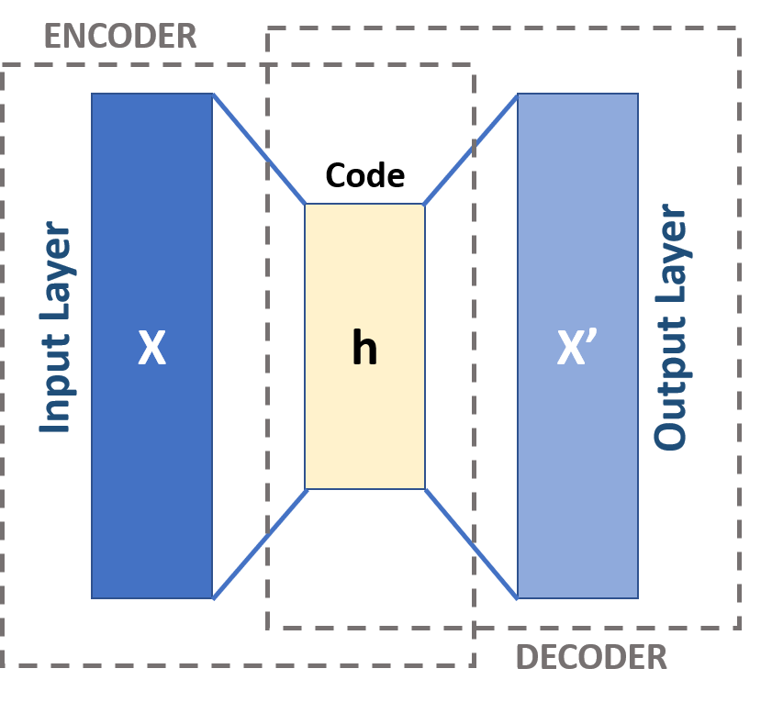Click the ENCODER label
(120, 36)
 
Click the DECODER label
(591, 657)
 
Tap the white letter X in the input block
(151, 348)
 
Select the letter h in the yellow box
(364, 348)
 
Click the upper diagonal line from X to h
(259, 149)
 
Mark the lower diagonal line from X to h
(259, 544)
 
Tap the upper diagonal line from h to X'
(470, 149)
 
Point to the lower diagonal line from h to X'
(471, 543)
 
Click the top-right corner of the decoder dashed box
(739, 28)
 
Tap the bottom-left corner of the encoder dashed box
(3, 664)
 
